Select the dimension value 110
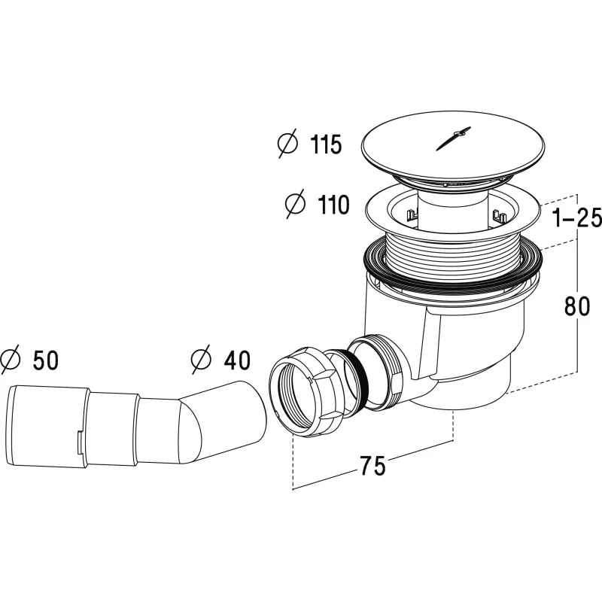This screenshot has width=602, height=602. [x=330, y=204]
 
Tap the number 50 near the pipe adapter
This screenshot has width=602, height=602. [x=45, y=361]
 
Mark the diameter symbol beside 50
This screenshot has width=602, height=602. [x=11, y=361]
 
